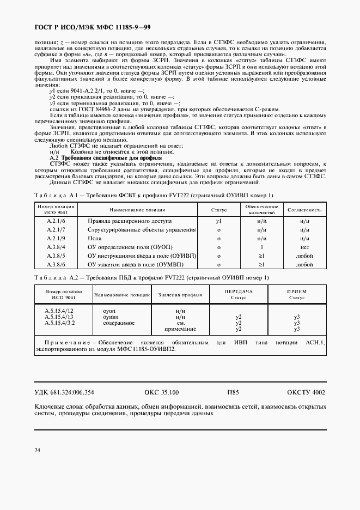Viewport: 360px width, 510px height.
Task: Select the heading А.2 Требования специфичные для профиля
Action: coord(87,172)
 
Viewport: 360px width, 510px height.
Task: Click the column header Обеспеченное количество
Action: coord(261,209)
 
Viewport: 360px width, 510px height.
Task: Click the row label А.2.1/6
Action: coord(56,221)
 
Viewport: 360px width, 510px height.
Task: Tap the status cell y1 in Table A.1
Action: coord(218,221)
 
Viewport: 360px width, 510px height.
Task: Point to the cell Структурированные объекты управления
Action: coord(141,230)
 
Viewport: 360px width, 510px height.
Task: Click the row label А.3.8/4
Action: coord(56,247)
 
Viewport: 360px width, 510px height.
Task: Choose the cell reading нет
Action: coord(304,247)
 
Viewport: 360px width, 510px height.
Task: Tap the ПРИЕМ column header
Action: coord(297,292)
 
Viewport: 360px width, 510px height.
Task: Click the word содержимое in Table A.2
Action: coord(119,323)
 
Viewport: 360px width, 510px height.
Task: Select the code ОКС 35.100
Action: coord(162,392)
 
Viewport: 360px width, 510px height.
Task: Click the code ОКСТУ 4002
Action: coord(307,392)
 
